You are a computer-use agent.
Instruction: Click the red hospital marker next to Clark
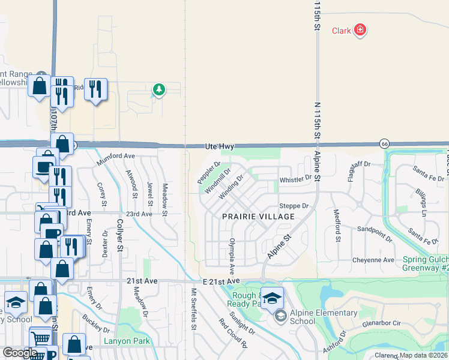360,29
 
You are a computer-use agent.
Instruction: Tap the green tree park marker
159,90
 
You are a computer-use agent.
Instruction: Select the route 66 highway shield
385,143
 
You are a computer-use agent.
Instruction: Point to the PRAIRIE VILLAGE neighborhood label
259,216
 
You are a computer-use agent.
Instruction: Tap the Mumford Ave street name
116,155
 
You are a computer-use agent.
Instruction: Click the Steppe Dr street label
294,206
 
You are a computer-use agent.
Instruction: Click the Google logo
20,353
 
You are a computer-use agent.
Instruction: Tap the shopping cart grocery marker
40,338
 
